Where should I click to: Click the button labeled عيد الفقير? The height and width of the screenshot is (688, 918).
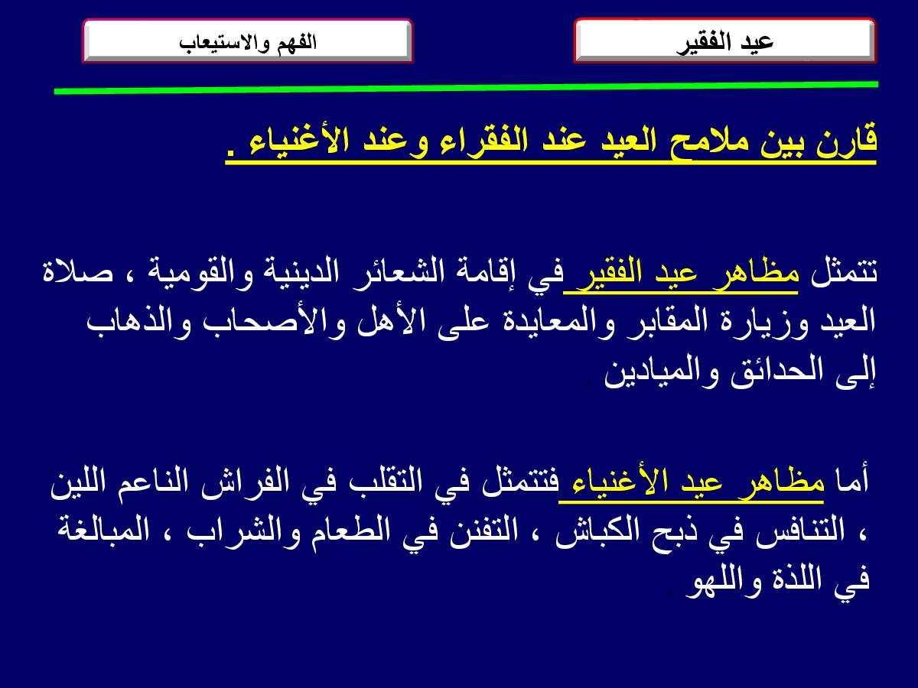(724, 41)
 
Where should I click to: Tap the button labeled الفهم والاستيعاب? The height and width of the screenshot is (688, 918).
(248, 41)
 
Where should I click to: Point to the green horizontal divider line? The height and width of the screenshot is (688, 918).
(466, 88)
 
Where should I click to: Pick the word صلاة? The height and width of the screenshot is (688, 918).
(78, 272)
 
